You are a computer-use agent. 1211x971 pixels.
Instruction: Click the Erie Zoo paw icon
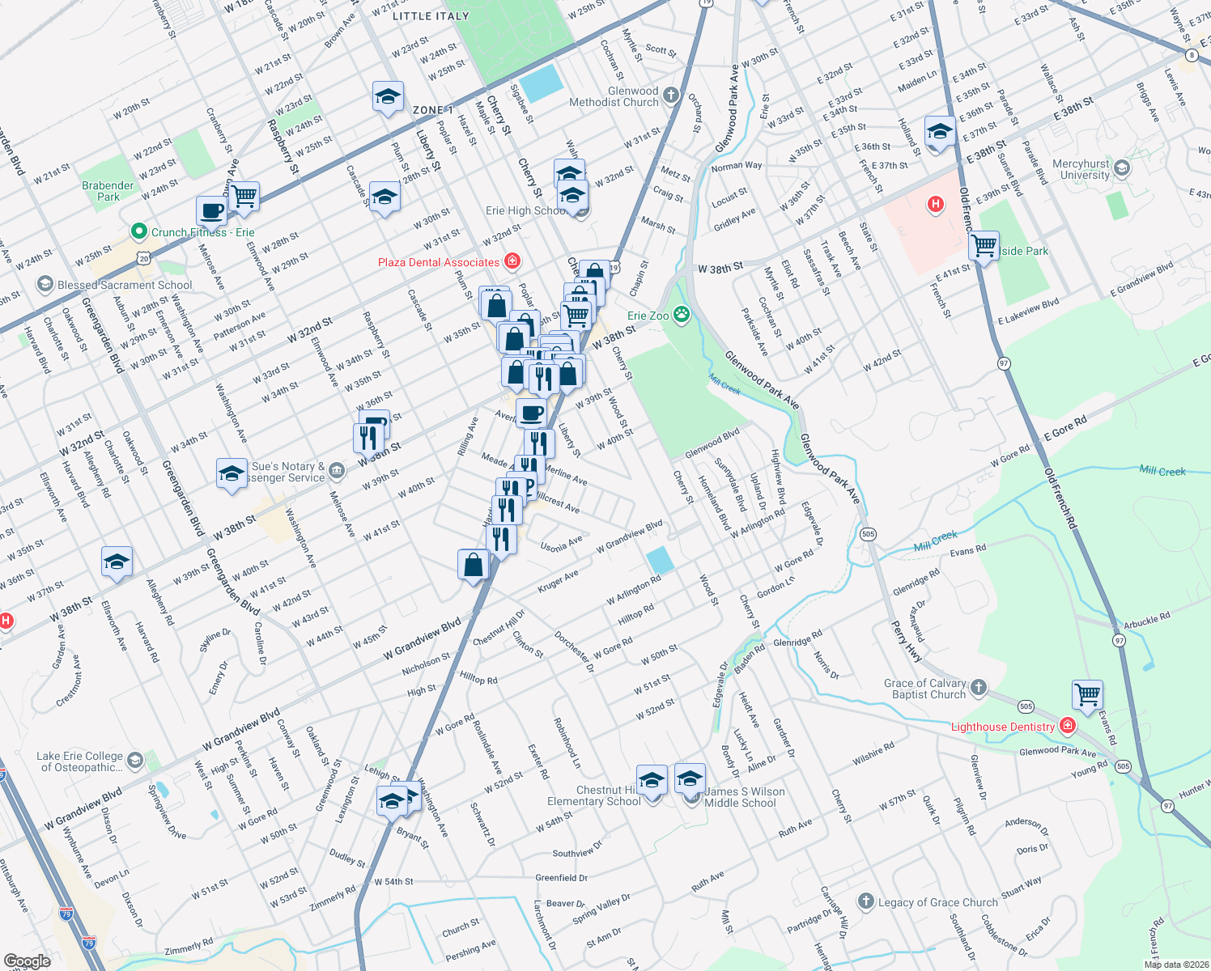click(x=682, y=315)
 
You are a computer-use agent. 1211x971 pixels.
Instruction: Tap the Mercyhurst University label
click(x=1081, y=169)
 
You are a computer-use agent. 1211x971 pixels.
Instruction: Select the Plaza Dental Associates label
click(x=439, y=262)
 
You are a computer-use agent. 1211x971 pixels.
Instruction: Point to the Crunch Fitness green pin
click(x=138, y=231)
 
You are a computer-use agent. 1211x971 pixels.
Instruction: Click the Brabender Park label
click(x=108, y=191)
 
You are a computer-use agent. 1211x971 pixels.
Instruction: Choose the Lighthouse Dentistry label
click(x=1002, y=727)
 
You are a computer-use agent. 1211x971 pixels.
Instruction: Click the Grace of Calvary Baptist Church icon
click(x=979, y=688)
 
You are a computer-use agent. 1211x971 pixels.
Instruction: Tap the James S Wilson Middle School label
click(x=743, y=797)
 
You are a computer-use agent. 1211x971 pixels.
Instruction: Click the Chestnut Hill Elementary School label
click(x=594, y=795)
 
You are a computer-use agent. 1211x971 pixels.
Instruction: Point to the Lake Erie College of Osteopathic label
click(x=79, y=761)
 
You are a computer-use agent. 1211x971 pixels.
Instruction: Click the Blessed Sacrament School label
click(x=125, y=285)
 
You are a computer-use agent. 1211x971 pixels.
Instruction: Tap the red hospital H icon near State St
click(x=936, y=204)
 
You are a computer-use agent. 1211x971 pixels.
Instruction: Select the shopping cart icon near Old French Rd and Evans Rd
click(x=1087, y=694)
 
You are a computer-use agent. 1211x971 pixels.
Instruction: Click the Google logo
click(x=27, y=961)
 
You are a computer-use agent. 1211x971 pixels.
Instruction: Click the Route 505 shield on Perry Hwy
click(x=868, y=534)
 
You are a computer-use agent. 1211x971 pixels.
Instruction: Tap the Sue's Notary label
click(x=288, y=472)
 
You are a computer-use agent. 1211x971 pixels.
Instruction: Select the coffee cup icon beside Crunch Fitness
click(x=212, y=212)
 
